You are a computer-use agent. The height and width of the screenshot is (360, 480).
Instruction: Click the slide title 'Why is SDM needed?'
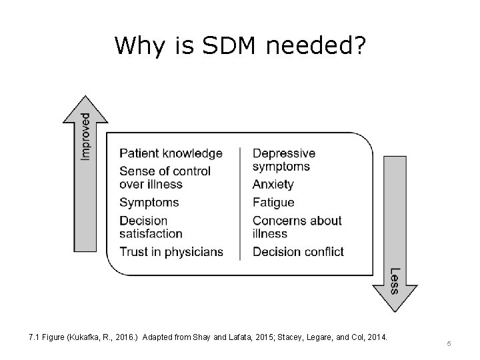[x=239, y=45]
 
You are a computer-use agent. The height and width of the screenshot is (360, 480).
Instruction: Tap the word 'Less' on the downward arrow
[x=394, y=280]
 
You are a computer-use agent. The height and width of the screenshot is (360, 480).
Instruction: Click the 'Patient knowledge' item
[x=171, y=153]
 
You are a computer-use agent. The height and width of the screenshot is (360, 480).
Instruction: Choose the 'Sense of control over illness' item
[x=165, y=177]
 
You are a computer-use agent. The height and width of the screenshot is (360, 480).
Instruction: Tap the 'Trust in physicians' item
[x=171, y=251]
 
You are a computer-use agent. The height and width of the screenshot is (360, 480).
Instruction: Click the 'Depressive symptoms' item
[x=283, y=159]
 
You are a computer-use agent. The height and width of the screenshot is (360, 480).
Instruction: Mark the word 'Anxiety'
[x=273, y=184]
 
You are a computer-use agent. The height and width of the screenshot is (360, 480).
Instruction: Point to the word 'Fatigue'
[x=273, y=202]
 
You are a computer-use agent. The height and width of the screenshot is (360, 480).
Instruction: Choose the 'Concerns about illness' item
[x=297, y=227]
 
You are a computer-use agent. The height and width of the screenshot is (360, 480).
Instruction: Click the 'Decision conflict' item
[x=298, y=251]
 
